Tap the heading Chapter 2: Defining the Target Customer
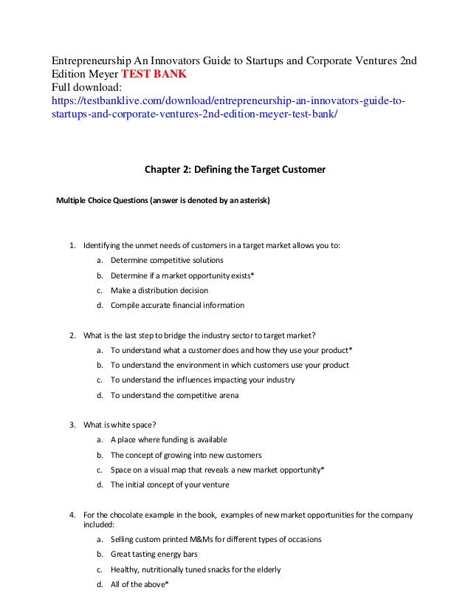click(234, 171)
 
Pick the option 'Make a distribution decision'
click(159, 290)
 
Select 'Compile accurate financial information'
click(177, 305)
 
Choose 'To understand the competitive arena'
click(174, 395)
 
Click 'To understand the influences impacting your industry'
click(202, 380)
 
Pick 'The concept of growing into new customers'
click(186, 455)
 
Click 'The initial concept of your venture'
click(170, 485)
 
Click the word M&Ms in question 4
click(201, 539)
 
